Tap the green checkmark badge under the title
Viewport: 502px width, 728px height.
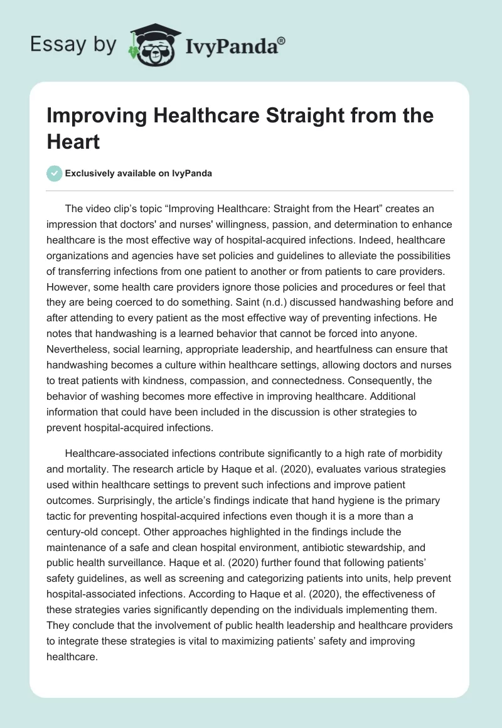(55, 173)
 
